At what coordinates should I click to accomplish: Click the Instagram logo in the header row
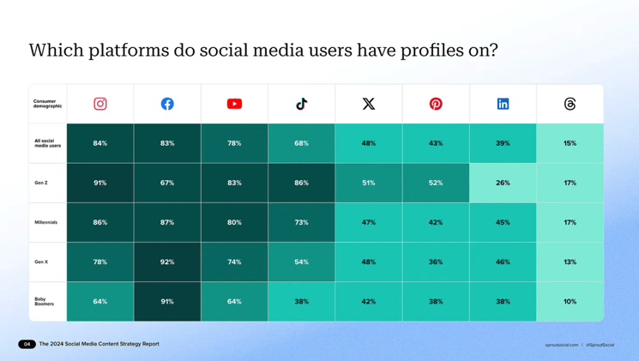tap(100, 104)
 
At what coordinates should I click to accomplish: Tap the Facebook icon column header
tap(167, 104)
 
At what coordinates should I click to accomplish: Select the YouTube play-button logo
tap(234, 104)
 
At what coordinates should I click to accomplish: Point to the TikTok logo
tap(301, 104)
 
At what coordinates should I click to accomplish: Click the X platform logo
tap(369, 104)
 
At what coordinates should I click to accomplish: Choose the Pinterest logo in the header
tap(436, 104)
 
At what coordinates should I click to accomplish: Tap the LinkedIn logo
tap(503, 104)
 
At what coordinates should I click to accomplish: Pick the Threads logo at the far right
tap(570, 104)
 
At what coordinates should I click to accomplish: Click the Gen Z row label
tap(41, 183)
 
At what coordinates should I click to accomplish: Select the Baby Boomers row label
tap(44, 302)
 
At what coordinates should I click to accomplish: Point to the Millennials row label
tap(46, 222)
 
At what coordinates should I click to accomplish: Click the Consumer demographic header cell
tap(48, 104)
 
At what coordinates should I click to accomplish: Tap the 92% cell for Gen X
tap(167, 262)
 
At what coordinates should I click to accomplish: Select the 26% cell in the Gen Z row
tap(503, 183)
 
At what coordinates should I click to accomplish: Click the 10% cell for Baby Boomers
tap(570, 302)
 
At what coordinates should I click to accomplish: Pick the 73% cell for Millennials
tap(301, 222)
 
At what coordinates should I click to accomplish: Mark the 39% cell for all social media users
tap(503, 143)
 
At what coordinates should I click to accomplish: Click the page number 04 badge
tap(27, 344)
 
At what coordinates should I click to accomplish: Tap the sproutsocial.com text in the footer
tap(561, 345)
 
